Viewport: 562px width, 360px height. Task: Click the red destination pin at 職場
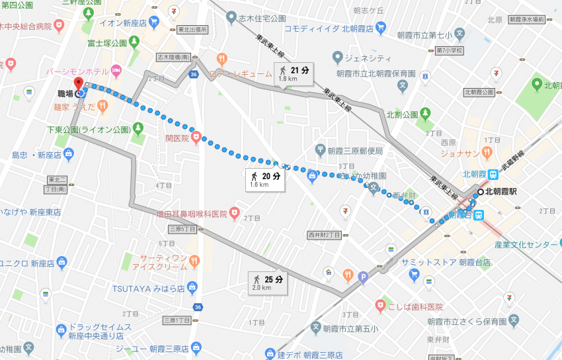(79, 85)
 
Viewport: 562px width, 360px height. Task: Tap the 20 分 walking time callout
(265, 179)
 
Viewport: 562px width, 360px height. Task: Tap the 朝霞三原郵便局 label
(358, 151)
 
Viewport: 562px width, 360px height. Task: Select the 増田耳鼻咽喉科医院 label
(192, 214)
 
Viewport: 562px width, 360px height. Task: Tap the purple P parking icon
(362, 277)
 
